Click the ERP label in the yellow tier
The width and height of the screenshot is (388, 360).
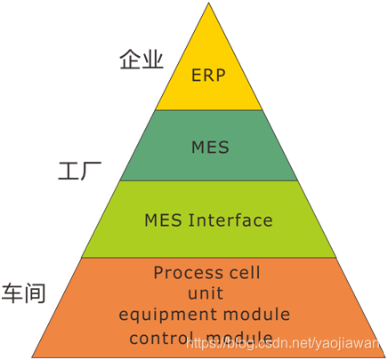click(208, 75)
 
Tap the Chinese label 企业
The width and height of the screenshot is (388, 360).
click(141, 59)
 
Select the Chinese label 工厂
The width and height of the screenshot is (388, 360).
click(80, 171)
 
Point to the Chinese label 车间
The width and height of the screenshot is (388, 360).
click(23, 293)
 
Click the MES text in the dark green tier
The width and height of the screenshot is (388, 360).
click(210, 147)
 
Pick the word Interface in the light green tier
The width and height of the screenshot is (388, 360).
click(230, 220)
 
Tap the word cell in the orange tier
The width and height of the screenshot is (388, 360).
click(246, 272)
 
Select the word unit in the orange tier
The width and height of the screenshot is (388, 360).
click(206, 293)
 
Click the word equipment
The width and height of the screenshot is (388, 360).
click(167, 315)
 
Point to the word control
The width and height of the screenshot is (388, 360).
click(159, 338)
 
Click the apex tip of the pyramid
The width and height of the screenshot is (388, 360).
click(208, 3)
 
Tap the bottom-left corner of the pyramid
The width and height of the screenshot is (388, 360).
click(32, 356)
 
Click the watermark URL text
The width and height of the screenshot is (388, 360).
click(283, 343)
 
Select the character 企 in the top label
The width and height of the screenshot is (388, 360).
click(131, 59)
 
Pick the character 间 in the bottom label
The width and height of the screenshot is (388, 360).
click(35, 293)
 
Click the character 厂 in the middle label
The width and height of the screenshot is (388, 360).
click(92, 171)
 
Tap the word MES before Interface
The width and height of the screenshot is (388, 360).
click(163, 220)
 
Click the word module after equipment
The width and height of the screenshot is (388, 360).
click(256, 314)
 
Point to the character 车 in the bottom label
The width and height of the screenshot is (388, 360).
click(12, 293)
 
